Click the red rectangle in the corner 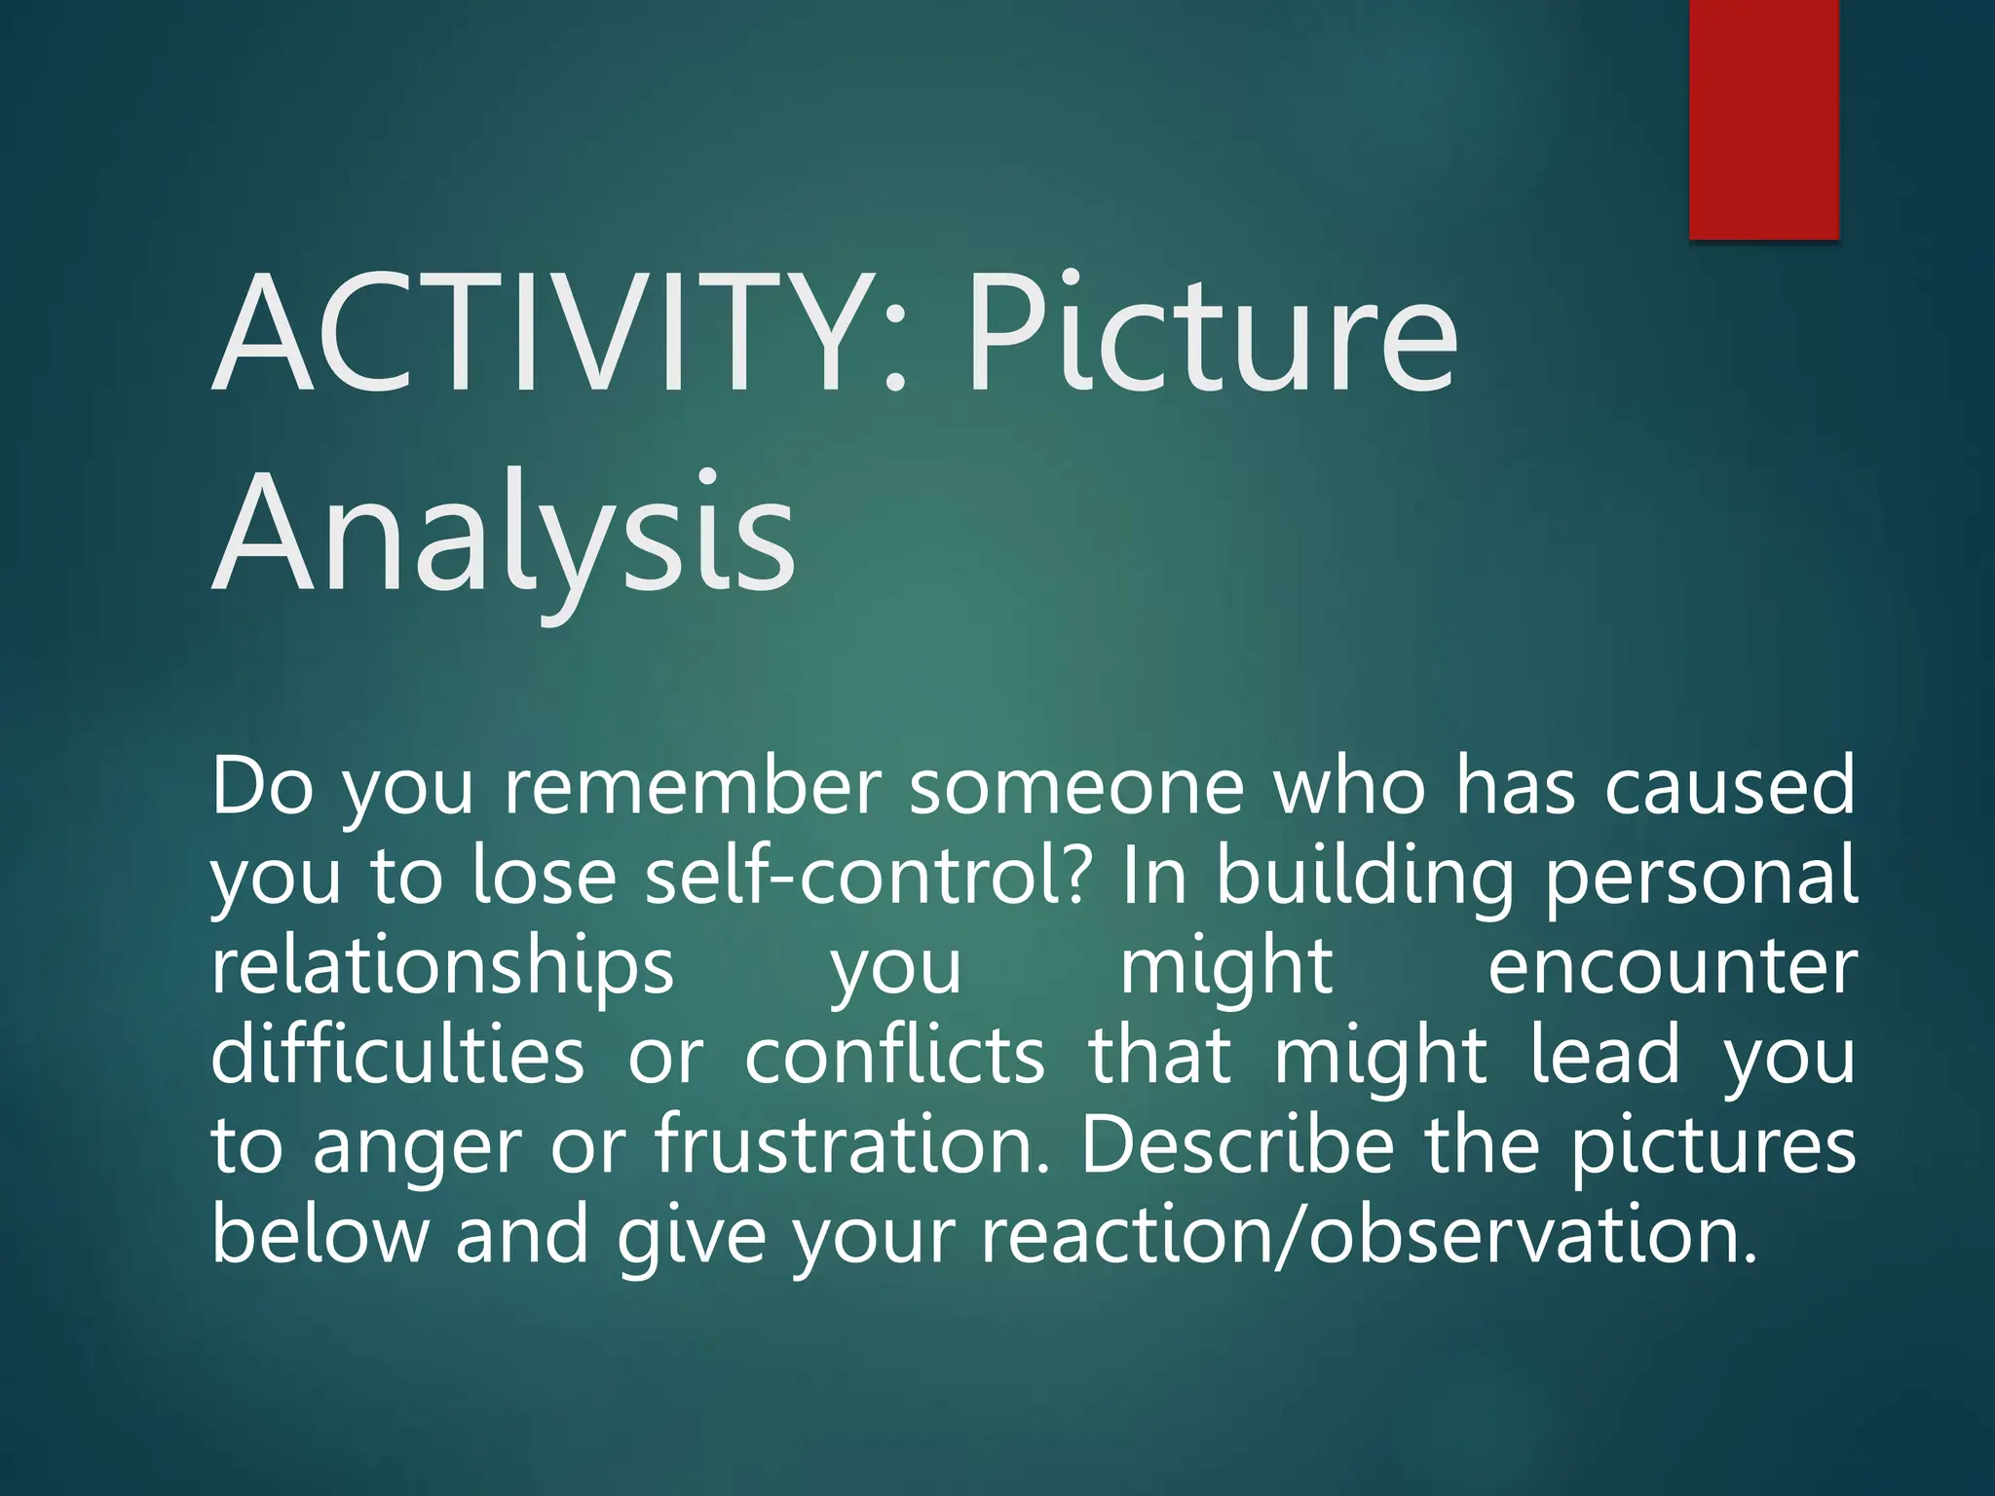1763,119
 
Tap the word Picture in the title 1212,334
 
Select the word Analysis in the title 504,534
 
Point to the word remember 693,786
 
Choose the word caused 1730,786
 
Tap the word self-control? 866,875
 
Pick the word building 1365,875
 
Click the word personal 1702,875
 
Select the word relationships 443,966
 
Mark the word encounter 1673,966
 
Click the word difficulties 397,1055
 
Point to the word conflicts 894,1055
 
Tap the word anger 418,1145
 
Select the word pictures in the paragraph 1713,1145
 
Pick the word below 320,1234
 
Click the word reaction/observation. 1369,1234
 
